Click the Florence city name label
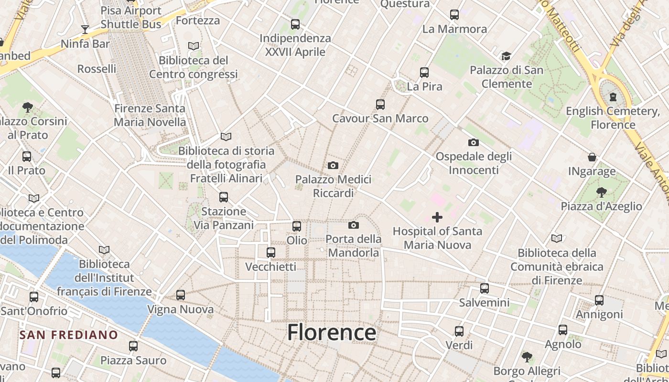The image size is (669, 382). tap(331, 332)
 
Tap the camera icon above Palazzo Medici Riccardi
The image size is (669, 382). tap(333, 166)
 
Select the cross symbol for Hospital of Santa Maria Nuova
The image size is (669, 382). tap(437, 218)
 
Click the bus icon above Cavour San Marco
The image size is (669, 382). tap(380, 105)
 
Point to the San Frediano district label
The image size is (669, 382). tap(68, 335)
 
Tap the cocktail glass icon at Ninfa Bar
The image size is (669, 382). tap(85, 30)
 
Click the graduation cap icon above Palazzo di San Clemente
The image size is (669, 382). tap(506, 56)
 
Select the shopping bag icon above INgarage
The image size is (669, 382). tap(592, 157)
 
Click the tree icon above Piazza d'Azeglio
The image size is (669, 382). tap(601, 192)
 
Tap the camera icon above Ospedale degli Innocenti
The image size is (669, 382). tap(474, 142)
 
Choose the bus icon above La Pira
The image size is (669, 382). tap(424, 73)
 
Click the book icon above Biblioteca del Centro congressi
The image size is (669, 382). tap(194, 46)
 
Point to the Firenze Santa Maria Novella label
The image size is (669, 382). tap(150, 115)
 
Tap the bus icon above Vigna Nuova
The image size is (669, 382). tap(181, 295)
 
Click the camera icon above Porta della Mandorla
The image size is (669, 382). tap(354, 225)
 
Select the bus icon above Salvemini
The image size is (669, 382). tap(485, 288)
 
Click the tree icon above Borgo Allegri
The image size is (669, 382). tap(527, 357)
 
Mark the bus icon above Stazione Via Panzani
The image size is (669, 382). tap(223, 197)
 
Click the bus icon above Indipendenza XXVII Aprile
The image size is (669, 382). tap(295, 24)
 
